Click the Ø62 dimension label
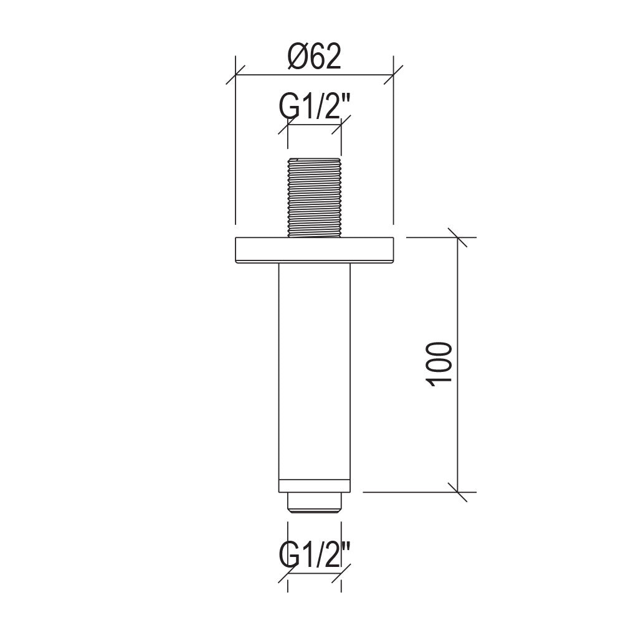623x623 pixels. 314,56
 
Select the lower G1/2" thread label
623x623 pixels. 314,556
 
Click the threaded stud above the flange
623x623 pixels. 314,197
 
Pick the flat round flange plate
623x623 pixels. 314,250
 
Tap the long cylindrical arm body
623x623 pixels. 314,371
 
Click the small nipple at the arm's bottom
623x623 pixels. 314,503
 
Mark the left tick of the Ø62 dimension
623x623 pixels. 235,74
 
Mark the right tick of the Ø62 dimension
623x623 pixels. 393,74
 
